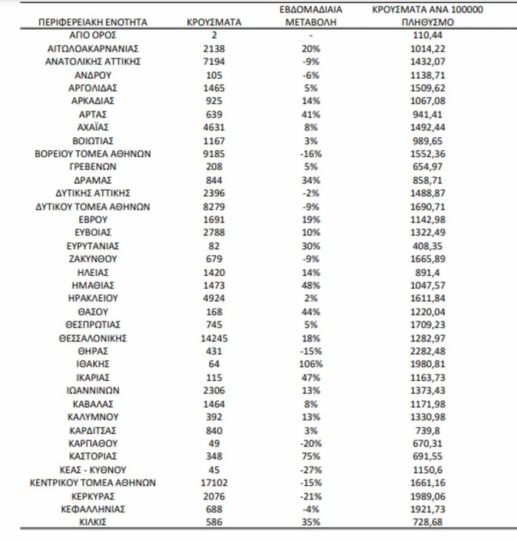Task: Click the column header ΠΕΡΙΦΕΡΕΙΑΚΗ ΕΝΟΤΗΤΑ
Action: pyautogui.click(x=93, y=23)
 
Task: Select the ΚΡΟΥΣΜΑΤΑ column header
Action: pyautogui.click(x=214, y=23)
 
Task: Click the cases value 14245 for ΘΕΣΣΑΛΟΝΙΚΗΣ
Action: pyautogui.click(x=214, y=338)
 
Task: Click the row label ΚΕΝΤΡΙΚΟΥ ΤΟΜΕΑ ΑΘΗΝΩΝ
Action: pyautogui.click(x=93, y=483)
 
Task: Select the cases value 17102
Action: pyautogui.click(x=214, y=483)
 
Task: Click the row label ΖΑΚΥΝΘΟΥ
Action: pyautogui.click(x=93, y=259)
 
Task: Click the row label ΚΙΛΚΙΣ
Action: pyautogui.click(x=93, y=522)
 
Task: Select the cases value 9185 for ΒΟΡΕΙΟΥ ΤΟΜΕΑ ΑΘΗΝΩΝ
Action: pyautogui.click(x=214, y=154)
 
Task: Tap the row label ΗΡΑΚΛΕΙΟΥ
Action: pyautogui.click(x=93, y=299)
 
